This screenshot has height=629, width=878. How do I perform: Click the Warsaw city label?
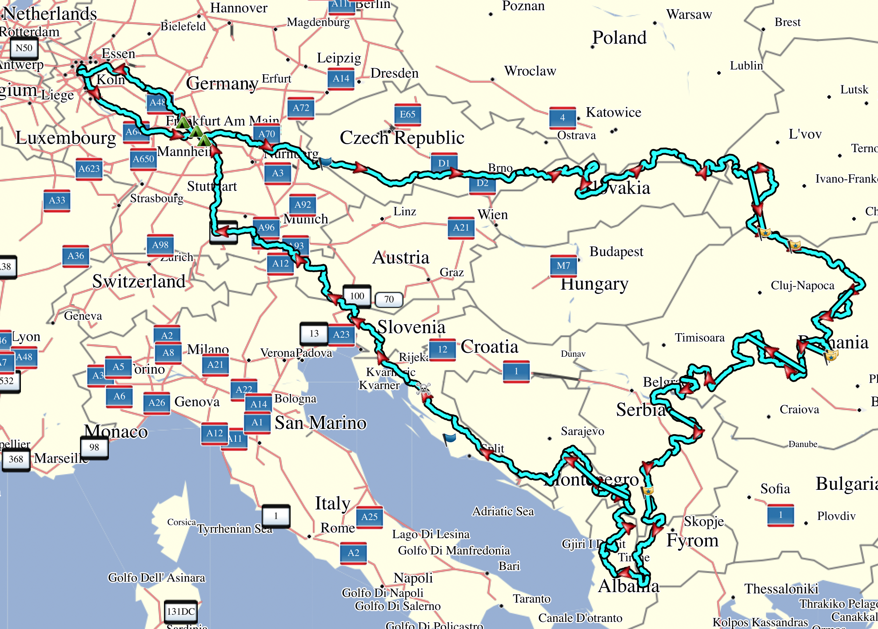[689, 15]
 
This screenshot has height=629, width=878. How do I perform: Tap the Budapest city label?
[616, 252]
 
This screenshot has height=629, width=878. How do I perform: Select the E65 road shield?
[407, 114]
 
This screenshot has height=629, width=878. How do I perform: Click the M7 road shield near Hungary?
[563, 266]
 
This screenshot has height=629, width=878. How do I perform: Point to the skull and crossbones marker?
[423, 389]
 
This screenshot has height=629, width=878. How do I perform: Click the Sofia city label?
[775, 489]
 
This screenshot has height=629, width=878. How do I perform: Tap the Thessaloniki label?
[781, 589]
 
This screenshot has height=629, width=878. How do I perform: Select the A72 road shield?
[301, 108]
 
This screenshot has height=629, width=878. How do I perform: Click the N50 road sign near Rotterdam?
[24, 48]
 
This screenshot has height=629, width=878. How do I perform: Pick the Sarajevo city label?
[582, 431]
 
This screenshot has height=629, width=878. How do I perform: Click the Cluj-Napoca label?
[802, 286]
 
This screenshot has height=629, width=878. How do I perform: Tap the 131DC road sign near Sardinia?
[181, 611]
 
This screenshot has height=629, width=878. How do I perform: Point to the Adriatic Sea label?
[503, 512]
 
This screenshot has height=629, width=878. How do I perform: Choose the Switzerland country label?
[139, 282]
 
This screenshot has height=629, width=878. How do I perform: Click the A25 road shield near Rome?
[369, 517]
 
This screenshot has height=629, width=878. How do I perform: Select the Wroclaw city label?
[530, 71]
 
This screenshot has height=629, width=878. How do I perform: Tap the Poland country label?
[619, 38]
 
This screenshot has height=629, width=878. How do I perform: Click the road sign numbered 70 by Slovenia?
[389, 299]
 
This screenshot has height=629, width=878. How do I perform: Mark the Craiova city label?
[799, 410]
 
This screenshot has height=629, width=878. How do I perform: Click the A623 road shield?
[89, 169]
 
